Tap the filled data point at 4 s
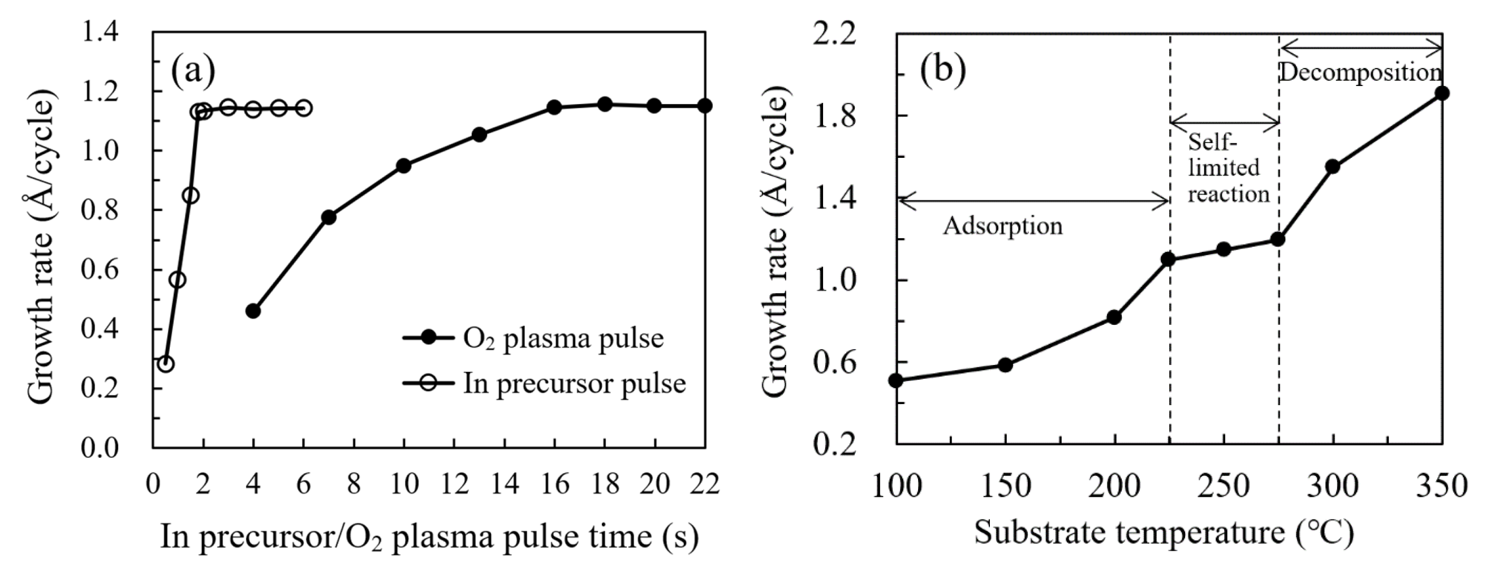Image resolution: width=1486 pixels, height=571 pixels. click(253, 311)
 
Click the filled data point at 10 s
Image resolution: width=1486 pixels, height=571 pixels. click(404, 166)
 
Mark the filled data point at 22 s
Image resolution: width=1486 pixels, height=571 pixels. click(704, 106)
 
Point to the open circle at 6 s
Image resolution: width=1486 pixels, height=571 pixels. click(304, 108)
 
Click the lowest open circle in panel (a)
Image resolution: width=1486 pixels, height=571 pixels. click(166, 364)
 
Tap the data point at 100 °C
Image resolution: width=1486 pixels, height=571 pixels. click(896, 380)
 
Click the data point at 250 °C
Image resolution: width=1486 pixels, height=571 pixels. click(1224, 250)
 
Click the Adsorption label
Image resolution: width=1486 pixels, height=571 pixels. click(1002, 226)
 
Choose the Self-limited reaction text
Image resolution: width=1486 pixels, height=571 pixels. click(1228, 168)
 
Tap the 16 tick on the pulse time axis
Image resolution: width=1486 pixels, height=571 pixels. click(555, 484)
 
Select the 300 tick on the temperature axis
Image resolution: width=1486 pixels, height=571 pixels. click(1333, 485)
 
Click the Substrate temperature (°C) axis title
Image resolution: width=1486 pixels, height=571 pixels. click(1164, 533)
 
